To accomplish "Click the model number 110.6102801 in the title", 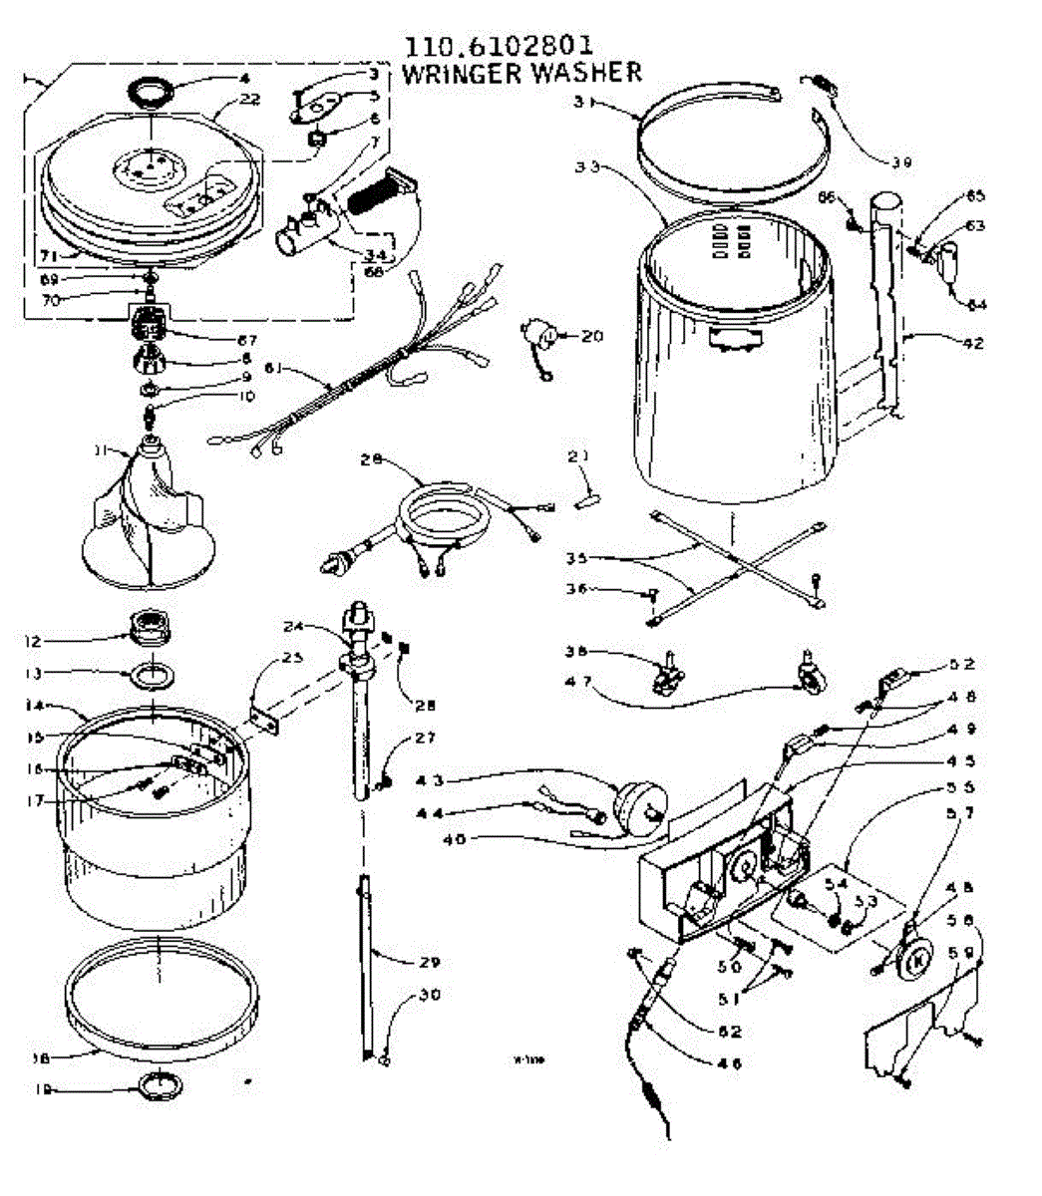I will [x=498, y=46].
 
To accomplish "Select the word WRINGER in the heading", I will [x=460, y=73].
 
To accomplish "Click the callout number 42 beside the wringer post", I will [x=972, y=343].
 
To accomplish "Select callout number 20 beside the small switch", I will [x=591, y=336].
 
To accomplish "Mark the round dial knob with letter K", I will [x=918, y=959].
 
